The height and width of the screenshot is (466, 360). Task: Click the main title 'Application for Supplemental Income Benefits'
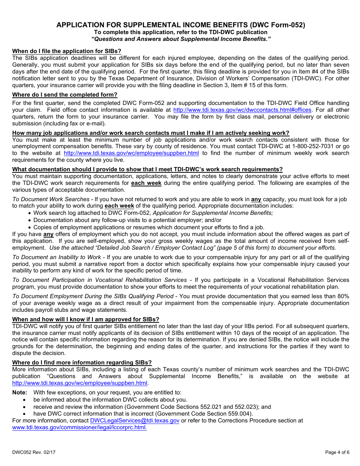tap(180, 25)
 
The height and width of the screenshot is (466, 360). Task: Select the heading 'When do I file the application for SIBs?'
tap(67, 51)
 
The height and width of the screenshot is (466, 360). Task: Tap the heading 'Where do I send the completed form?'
tap(65, 95)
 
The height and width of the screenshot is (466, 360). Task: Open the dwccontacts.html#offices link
tap(242, 110)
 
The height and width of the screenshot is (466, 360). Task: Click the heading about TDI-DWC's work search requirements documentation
tap(147, 169)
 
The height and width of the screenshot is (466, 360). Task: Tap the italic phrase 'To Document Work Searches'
tap(51, 199)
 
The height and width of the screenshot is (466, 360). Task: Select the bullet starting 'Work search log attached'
tap(153, 213)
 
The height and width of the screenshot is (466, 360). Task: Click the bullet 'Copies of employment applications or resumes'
tap(149, 227)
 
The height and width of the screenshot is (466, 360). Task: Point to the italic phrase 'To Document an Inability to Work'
tap(56, 257)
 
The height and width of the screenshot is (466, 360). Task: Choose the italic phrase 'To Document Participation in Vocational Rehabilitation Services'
tap(99, 280)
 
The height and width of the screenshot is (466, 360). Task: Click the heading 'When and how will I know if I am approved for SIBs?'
tap(86, 319)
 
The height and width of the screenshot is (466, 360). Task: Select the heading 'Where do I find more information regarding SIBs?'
tap(82, 363)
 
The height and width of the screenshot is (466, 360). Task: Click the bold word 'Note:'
tap(20, 393)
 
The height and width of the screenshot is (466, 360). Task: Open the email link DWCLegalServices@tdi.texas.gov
tap(135, 421)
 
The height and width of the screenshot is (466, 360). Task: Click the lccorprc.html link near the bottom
tap(79, 427)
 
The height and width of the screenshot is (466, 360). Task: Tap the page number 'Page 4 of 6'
tap(337, 452)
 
